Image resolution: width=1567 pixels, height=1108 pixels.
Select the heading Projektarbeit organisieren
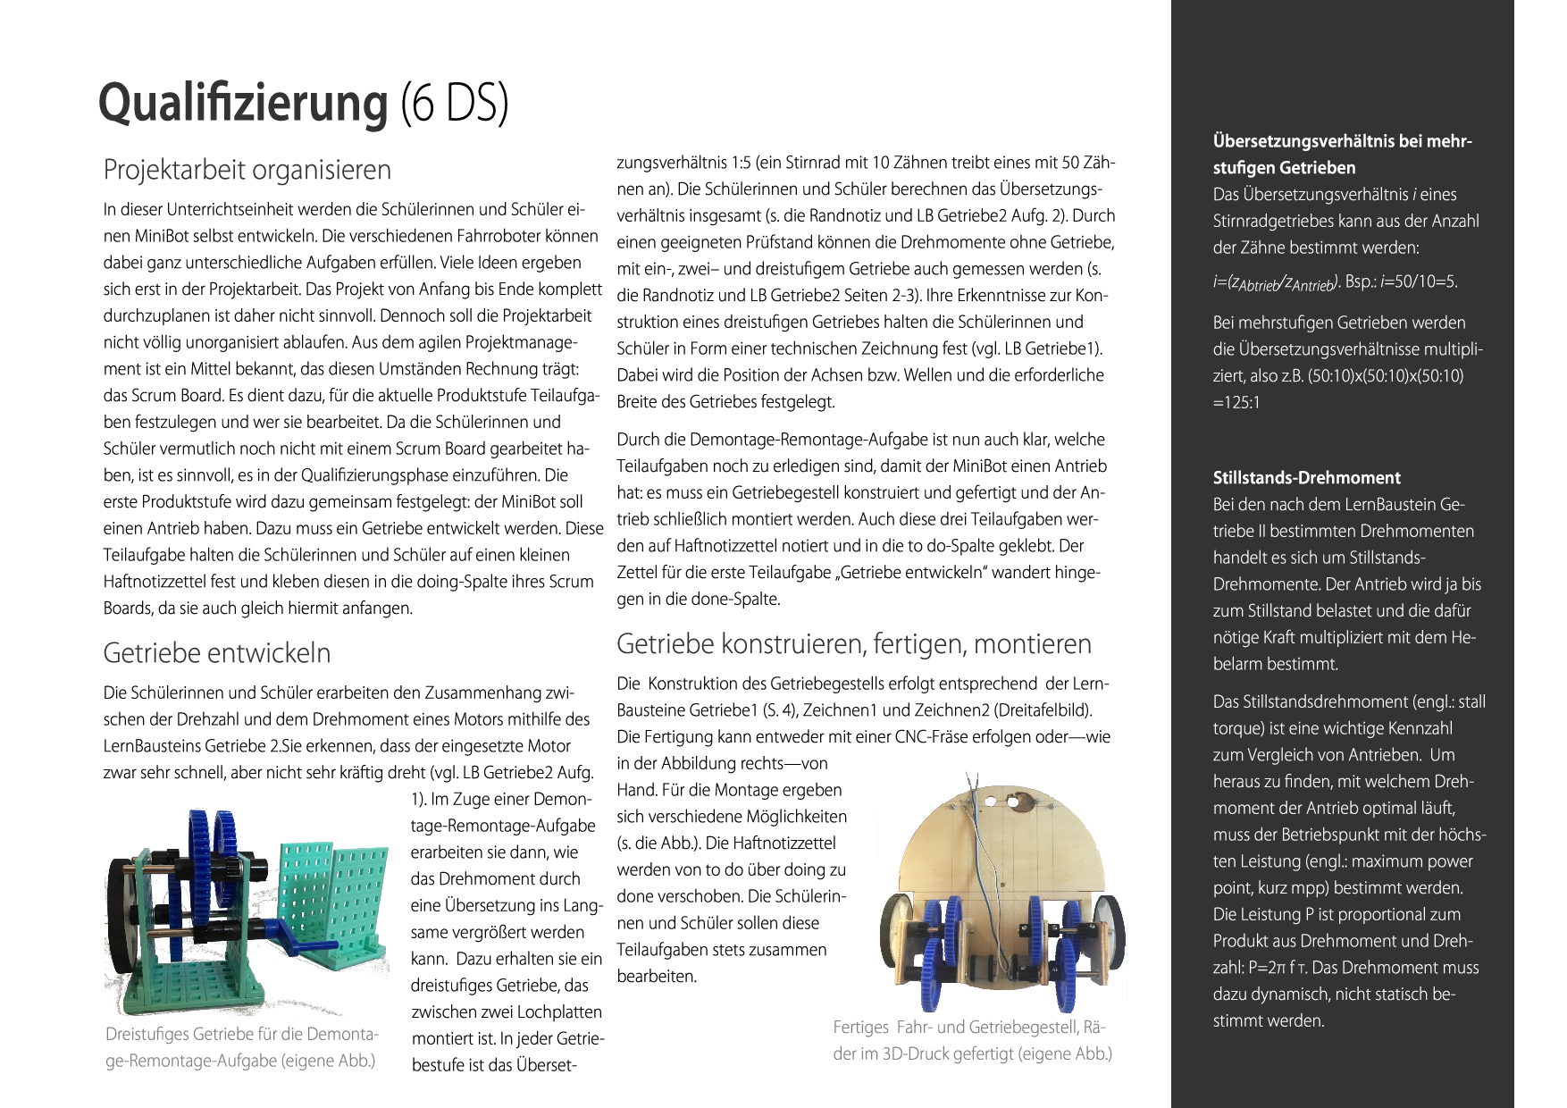coord(247,170)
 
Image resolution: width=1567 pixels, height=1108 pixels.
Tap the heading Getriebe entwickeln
coord(216,653)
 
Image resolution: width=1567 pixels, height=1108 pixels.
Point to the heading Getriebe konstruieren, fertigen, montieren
coord(853,644)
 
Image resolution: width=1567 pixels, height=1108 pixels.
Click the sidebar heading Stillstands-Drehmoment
coord(1306,478)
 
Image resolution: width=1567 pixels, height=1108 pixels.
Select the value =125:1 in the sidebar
coord(1236,403)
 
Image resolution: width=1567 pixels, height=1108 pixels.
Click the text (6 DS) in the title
coord(454,104)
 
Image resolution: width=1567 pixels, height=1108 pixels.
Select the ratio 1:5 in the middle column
coord(741,163)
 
